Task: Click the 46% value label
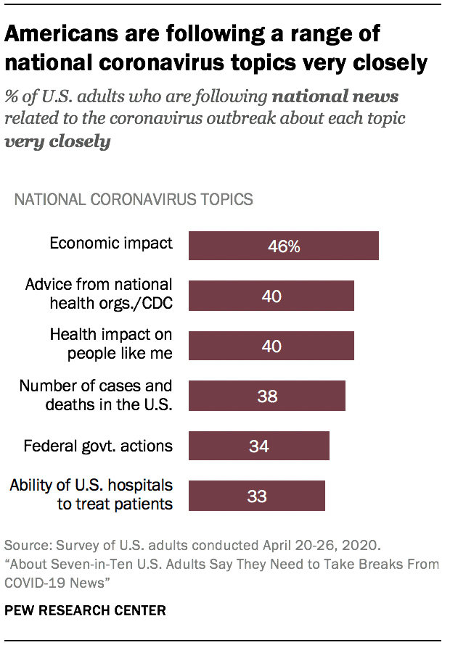pos(283,246)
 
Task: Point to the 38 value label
pos(267,396)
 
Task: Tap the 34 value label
pos(258,446)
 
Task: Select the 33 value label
pos(257,496)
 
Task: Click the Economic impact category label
pos(111,243)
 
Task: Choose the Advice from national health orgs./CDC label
pos(99,293)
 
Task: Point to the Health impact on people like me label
pos(111,343)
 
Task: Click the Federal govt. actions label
pos(98,445)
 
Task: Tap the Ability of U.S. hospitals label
pos(91,494)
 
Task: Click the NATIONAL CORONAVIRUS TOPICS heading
pos(134,199)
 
